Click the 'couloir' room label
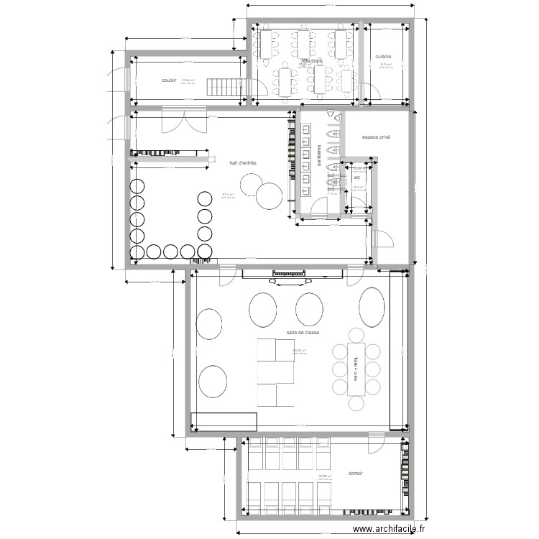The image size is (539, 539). tap(170, 80)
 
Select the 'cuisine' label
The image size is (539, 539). tap(383, 56)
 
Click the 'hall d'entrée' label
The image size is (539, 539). tap(243, 163)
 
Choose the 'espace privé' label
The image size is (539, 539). tap(376, 136)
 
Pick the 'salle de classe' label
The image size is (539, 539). tap(303, 333)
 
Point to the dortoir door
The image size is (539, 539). tap(375, 443)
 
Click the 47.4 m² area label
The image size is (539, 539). tap(229, 195)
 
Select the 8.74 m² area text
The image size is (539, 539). tap(385, 65)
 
